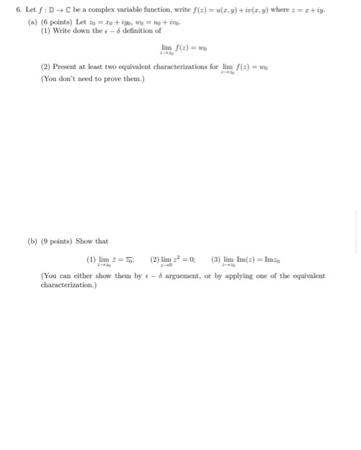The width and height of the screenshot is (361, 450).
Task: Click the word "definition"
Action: point(136,30)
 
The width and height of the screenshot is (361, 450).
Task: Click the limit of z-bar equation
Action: point(112,260)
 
